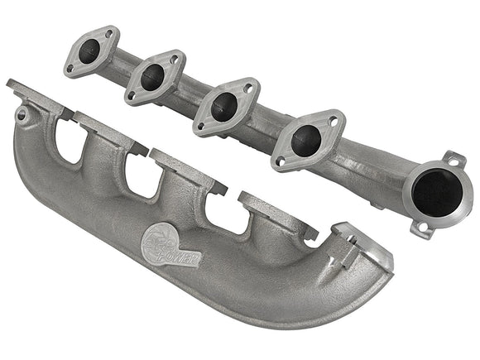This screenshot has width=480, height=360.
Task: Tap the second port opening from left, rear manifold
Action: coord(154,78)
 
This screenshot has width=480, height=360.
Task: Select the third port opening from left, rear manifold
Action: coord(223,107)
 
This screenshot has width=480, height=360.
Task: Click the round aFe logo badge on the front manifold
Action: coord(165,239)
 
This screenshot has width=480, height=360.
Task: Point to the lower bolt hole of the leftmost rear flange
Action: coord(71,68)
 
